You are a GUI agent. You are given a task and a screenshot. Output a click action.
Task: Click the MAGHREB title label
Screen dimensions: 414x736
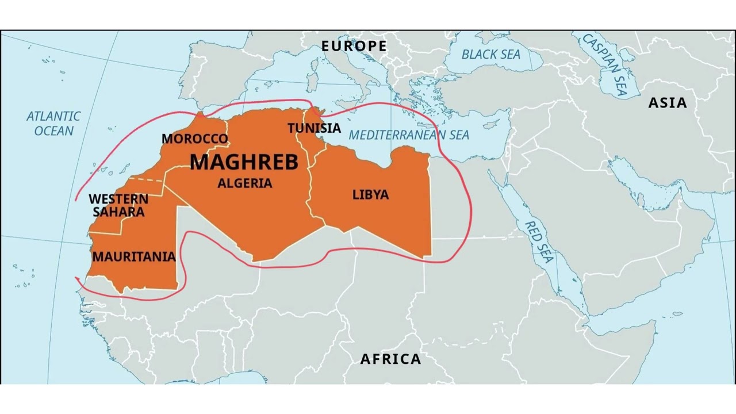244,162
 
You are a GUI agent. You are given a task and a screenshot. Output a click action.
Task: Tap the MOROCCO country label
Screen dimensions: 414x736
194,139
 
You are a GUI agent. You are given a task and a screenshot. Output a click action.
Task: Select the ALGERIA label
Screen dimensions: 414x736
244,183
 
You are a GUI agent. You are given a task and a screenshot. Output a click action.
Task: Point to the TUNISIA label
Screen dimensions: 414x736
314,128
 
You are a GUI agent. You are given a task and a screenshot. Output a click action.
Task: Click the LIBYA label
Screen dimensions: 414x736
370,195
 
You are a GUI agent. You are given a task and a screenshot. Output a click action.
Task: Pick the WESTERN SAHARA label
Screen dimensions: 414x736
118,205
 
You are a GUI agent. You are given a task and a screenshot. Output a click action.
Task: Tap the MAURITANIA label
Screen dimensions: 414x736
133,256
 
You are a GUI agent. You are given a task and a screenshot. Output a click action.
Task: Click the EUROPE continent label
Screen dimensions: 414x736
354,46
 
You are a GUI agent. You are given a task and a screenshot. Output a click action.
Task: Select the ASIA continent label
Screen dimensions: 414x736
668,103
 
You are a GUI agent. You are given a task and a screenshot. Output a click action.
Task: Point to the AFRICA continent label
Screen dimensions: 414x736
390,359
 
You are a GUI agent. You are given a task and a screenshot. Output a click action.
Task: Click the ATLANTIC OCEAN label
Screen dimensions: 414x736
53,124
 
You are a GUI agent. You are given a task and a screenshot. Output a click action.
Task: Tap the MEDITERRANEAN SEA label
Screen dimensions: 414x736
408,135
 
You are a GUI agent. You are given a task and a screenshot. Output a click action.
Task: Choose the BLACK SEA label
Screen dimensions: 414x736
490,55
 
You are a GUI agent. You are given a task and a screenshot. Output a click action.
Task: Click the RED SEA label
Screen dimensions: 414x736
539,242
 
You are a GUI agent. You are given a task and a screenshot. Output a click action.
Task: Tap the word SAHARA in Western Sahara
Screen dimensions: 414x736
118,212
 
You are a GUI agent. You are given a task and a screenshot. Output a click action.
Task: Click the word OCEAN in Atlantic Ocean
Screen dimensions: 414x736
54,131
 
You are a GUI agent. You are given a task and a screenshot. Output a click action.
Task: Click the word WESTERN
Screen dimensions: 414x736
118,199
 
